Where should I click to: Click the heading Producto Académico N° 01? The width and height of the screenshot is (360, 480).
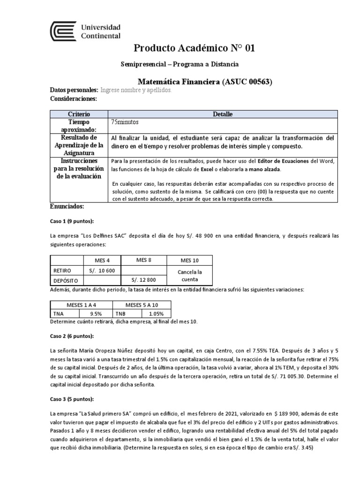pos(195,48)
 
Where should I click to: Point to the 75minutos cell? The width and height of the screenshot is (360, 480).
pos(125,122)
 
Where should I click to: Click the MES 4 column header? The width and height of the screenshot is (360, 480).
pos(102,260)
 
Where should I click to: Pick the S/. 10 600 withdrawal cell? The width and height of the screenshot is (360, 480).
pos(102,270)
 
